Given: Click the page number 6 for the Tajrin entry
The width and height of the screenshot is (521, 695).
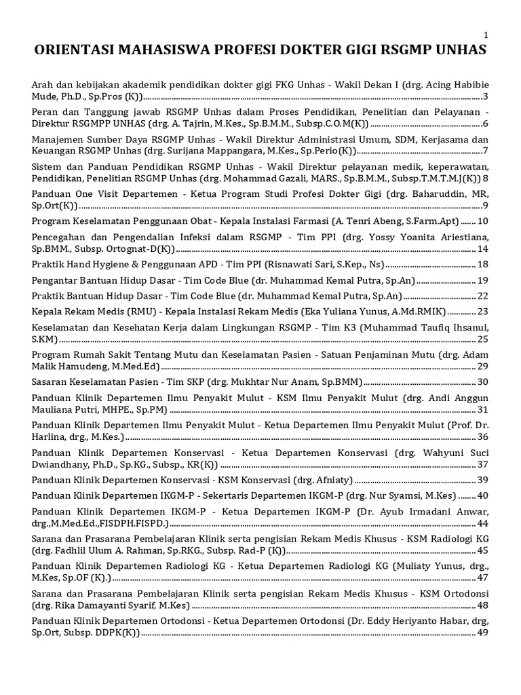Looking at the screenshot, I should [x=486, y=124].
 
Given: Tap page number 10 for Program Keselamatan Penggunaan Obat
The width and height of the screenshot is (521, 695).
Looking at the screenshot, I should [x=483, y=221].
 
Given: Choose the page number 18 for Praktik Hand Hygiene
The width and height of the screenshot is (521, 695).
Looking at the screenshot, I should [x=483, y=264].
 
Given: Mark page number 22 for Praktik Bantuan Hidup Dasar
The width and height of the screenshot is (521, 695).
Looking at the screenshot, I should [x=483, y=296].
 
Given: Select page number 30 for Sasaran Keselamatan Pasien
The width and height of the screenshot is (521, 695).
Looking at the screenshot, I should [x=483, y=382].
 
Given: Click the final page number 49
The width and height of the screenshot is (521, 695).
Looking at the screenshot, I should [x=483, y=633].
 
